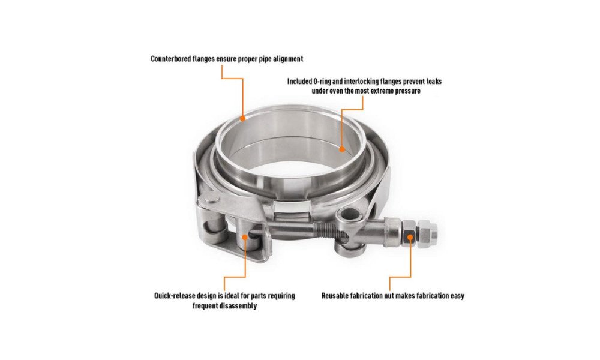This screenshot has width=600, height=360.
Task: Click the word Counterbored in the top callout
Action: click(170, 59)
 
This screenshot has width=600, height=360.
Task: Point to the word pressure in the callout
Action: click(407, 91)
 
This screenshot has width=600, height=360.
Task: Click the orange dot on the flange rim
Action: click(242, 118)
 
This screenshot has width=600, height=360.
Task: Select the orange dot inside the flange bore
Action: click(342, 149)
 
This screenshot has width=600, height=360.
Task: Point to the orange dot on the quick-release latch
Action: click(245, 238)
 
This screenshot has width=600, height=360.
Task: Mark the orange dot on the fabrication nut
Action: click(410, 237)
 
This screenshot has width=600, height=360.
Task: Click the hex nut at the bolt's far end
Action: click(427, 234)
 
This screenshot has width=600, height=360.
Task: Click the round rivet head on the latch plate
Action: click(211, 200)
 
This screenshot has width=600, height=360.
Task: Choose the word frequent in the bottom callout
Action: click(206, 305)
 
